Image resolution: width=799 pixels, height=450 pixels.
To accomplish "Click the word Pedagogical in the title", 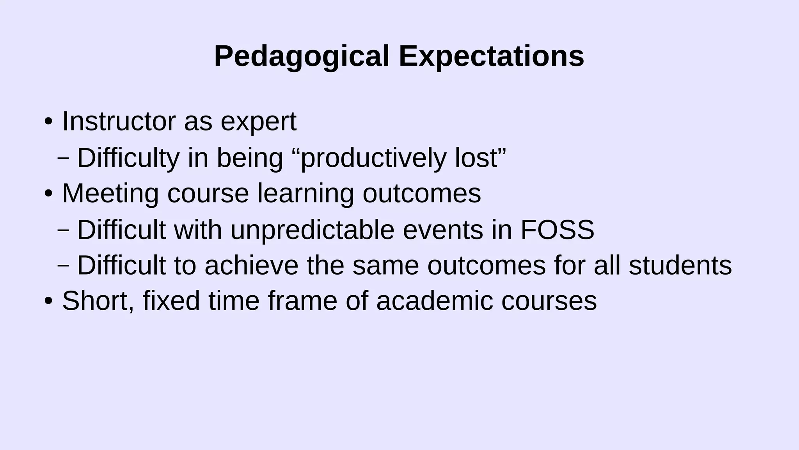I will (302, 57).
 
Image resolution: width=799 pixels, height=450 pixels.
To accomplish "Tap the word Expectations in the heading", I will (491, 57).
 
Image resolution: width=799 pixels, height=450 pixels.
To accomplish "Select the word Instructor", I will (119, 121).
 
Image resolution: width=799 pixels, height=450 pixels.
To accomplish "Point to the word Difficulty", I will (128, 158).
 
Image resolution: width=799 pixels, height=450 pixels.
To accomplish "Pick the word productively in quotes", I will (373, 158).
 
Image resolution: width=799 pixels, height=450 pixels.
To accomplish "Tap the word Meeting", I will (110, 194).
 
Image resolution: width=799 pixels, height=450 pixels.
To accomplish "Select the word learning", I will (305, 194).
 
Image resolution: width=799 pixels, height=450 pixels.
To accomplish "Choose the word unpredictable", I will (312, 230).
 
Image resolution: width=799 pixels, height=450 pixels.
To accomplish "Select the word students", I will (680, 266).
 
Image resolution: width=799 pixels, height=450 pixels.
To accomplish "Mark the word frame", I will (302, 301).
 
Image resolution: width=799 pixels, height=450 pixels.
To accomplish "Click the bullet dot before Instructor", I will (48, 122).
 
